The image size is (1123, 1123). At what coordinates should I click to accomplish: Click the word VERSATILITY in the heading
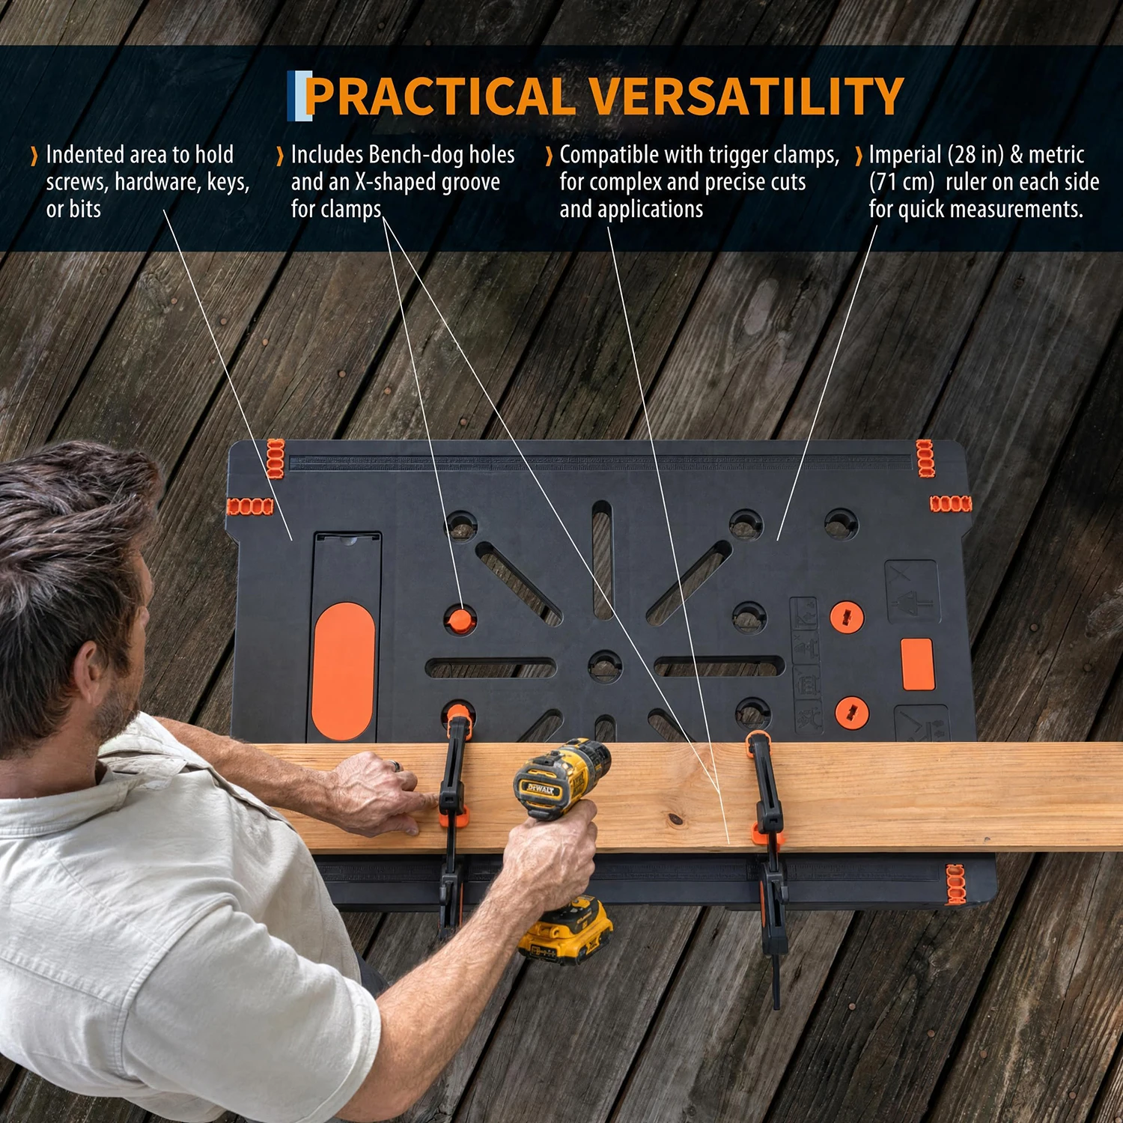click(x=746, y=97)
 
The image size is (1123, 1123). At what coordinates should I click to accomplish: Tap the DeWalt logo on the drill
click(x=540, y=788)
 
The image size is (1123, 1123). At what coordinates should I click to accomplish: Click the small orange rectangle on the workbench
click(x=917, y=664)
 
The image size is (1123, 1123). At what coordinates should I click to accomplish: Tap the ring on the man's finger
click(x=397, y=766)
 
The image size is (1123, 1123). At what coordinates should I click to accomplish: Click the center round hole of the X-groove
click(x=605, y=666)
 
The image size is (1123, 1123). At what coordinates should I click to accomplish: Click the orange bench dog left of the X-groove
click(x=460, y=620)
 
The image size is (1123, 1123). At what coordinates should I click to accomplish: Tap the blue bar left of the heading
click(x=299, y=96)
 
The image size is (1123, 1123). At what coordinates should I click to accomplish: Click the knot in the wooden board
click(x=677, y=820)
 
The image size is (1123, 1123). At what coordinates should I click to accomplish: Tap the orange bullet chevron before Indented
click(x=34, y=156)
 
